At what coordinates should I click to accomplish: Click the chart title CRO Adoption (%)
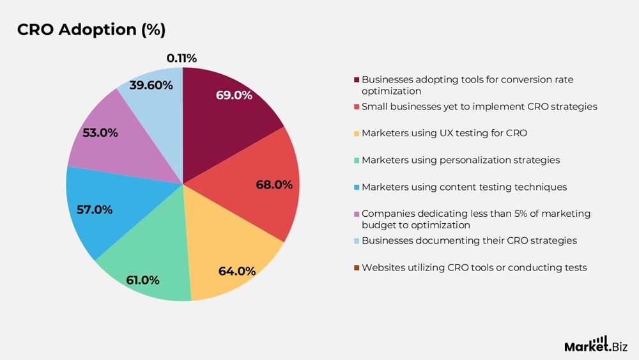tap(91, 30)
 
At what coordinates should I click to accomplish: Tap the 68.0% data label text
tap(273, 185)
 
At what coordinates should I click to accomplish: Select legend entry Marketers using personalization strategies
tap(460, 160)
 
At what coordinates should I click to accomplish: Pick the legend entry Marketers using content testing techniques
tap(464, 187)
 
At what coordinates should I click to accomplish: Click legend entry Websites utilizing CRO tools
tap(473, 267)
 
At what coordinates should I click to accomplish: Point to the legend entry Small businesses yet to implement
tap(479, 106)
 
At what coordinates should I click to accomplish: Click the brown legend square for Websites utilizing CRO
tap(357, 267)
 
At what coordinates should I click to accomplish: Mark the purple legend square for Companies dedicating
tap(357, 214)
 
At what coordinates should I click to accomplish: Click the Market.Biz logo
tap(596, 345)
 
